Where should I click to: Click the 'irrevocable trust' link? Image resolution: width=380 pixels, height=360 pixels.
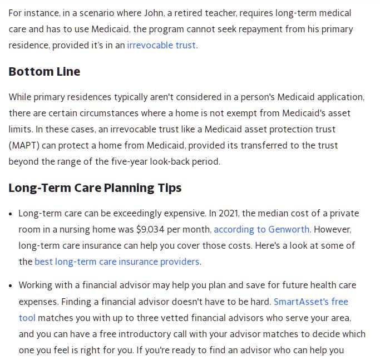[161, 45]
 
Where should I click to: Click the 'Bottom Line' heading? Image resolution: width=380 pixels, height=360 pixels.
[45, 72]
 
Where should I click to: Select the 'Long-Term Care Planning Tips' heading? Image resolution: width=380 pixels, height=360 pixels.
[95, 188]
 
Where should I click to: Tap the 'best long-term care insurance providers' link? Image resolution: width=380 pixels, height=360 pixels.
[117, 262]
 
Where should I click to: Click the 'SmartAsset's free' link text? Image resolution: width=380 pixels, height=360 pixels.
[310, 302]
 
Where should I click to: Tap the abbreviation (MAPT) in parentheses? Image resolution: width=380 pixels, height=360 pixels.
[23, 146]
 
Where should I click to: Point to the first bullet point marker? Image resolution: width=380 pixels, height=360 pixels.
[12, 214]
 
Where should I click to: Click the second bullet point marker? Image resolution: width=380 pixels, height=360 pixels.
[12, 285]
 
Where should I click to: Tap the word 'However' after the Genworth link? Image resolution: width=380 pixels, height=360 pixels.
[332, 229]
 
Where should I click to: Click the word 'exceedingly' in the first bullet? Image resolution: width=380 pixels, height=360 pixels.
[142, 213]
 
